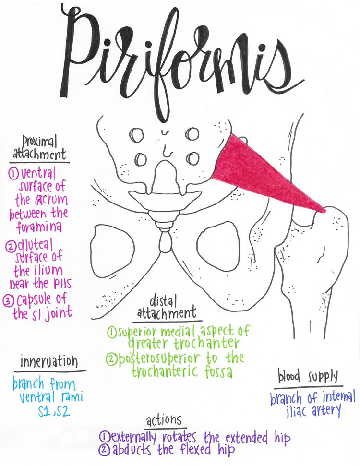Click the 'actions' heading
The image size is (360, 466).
coord(164,420)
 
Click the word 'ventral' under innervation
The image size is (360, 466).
coord(38,398)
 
